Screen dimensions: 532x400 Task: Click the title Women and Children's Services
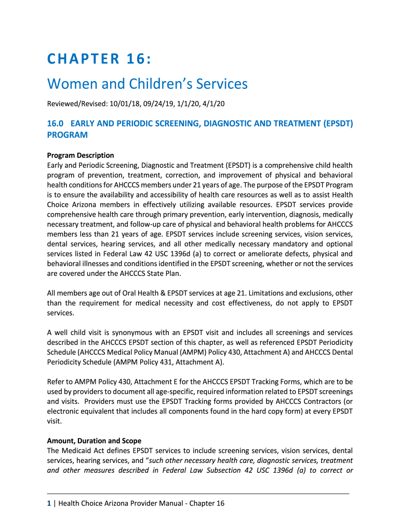148,84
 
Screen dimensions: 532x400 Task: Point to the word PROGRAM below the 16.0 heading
67,135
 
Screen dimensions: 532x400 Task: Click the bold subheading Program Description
81,155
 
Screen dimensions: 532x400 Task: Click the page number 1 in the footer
49,503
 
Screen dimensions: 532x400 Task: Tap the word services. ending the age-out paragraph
61,313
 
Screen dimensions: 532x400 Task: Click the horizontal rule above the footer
198,494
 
